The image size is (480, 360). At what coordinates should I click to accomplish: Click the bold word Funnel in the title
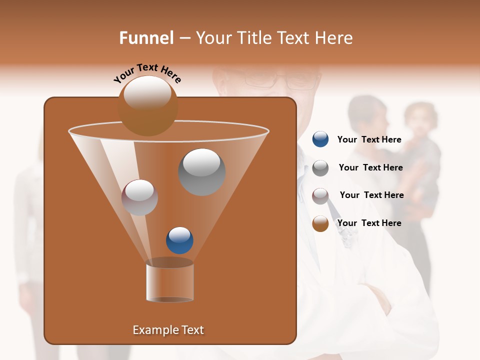146,38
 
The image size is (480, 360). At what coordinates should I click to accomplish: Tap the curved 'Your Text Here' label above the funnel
147,73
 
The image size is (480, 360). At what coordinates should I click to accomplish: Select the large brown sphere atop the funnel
147,105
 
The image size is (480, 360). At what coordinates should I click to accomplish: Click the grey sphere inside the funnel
201,172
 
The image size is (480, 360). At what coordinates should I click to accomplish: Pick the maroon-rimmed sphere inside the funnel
139,197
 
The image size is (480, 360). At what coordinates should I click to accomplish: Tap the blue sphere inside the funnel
179,240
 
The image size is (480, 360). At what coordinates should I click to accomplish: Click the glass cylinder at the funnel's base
169,281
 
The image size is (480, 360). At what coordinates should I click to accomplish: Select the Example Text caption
168,330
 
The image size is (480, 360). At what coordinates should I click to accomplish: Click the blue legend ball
320,139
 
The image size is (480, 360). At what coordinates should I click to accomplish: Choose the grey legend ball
320,168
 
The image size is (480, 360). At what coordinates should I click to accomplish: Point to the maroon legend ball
320,195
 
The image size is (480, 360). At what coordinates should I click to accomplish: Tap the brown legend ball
320,223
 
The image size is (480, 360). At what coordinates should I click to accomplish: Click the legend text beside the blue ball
369,139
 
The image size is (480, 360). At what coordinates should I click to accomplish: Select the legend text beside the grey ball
370,167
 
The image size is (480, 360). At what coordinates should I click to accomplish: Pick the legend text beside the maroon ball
371,195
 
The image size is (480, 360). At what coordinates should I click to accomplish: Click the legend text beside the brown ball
369,223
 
